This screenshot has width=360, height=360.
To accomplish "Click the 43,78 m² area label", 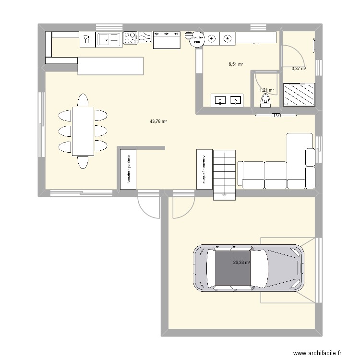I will point(158,121).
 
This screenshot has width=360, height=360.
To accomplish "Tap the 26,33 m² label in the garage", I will point(241,263).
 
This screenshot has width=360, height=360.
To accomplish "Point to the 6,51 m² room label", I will point(236,64).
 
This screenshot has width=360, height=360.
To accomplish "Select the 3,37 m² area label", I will point(299,69).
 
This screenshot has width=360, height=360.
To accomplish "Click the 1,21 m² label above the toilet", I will point(267,90).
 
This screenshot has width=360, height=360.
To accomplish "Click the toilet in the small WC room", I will point(265,101).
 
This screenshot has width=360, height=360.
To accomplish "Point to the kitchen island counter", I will point(110,66).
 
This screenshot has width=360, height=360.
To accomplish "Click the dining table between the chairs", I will point(83,131).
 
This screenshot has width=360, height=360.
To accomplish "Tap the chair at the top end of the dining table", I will point(83,100).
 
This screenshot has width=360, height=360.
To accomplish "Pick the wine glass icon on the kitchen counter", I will point(86,39).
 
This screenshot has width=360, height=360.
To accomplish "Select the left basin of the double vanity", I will point(220,100).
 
